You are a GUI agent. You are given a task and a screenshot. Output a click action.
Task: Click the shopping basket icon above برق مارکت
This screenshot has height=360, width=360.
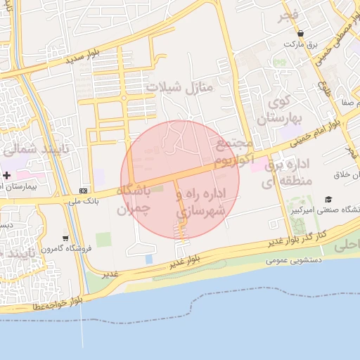point(301,33)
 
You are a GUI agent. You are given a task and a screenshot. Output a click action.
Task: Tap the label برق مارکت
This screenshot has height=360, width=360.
point(301,44)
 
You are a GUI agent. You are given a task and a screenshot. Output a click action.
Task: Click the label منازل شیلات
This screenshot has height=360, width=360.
point(179,87)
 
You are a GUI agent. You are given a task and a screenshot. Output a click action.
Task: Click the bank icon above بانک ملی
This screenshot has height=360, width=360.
point(84,190)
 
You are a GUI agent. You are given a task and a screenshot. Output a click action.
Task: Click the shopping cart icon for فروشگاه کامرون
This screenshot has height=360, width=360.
point(65,238)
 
